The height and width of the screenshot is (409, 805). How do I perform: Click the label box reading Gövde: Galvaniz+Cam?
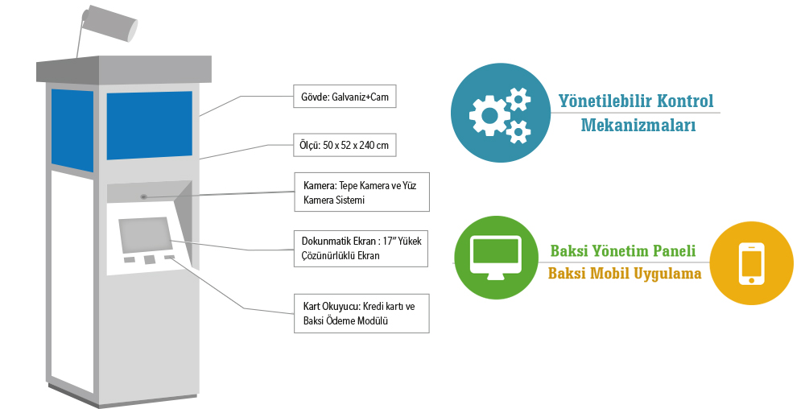tap(345, 97)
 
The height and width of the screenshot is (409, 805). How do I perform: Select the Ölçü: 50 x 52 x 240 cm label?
tap(345, 145)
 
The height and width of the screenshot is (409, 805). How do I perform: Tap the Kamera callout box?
tap(361, 192)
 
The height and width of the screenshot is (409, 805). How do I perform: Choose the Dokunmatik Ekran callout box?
tap(361, 248)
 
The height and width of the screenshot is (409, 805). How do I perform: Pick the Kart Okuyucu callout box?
tap(361, 313)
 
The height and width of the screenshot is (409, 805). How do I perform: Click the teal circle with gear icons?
tap(501, 113)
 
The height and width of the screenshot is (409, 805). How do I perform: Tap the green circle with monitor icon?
tap(496, 258)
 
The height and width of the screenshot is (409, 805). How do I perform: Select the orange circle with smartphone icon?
tap(752, 263)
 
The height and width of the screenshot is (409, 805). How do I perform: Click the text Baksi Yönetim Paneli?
tap(623, 250)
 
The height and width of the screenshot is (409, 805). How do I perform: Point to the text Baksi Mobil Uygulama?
tap(625, 273)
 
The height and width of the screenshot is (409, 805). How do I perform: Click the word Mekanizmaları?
tap(638, 125)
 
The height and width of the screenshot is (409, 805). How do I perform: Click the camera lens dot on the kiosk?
tap(144, 196)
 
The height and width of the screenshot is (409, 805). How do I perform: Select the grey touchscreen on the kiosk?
tap(145, 235)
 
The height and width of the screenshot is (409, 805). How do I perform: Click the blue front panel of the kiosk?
tap(150, 126)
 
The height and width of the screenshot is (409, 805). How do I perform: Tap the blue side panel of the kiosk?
tap(72, 130)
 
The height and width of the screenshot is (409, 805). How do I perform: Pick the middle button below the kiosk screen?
tap(150, 260)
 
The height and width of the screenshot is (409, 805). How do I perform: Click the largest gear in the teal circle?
tap(489, 116)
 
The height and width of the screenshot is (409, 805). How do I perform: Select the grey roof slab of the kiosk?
tap(124, 70)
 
